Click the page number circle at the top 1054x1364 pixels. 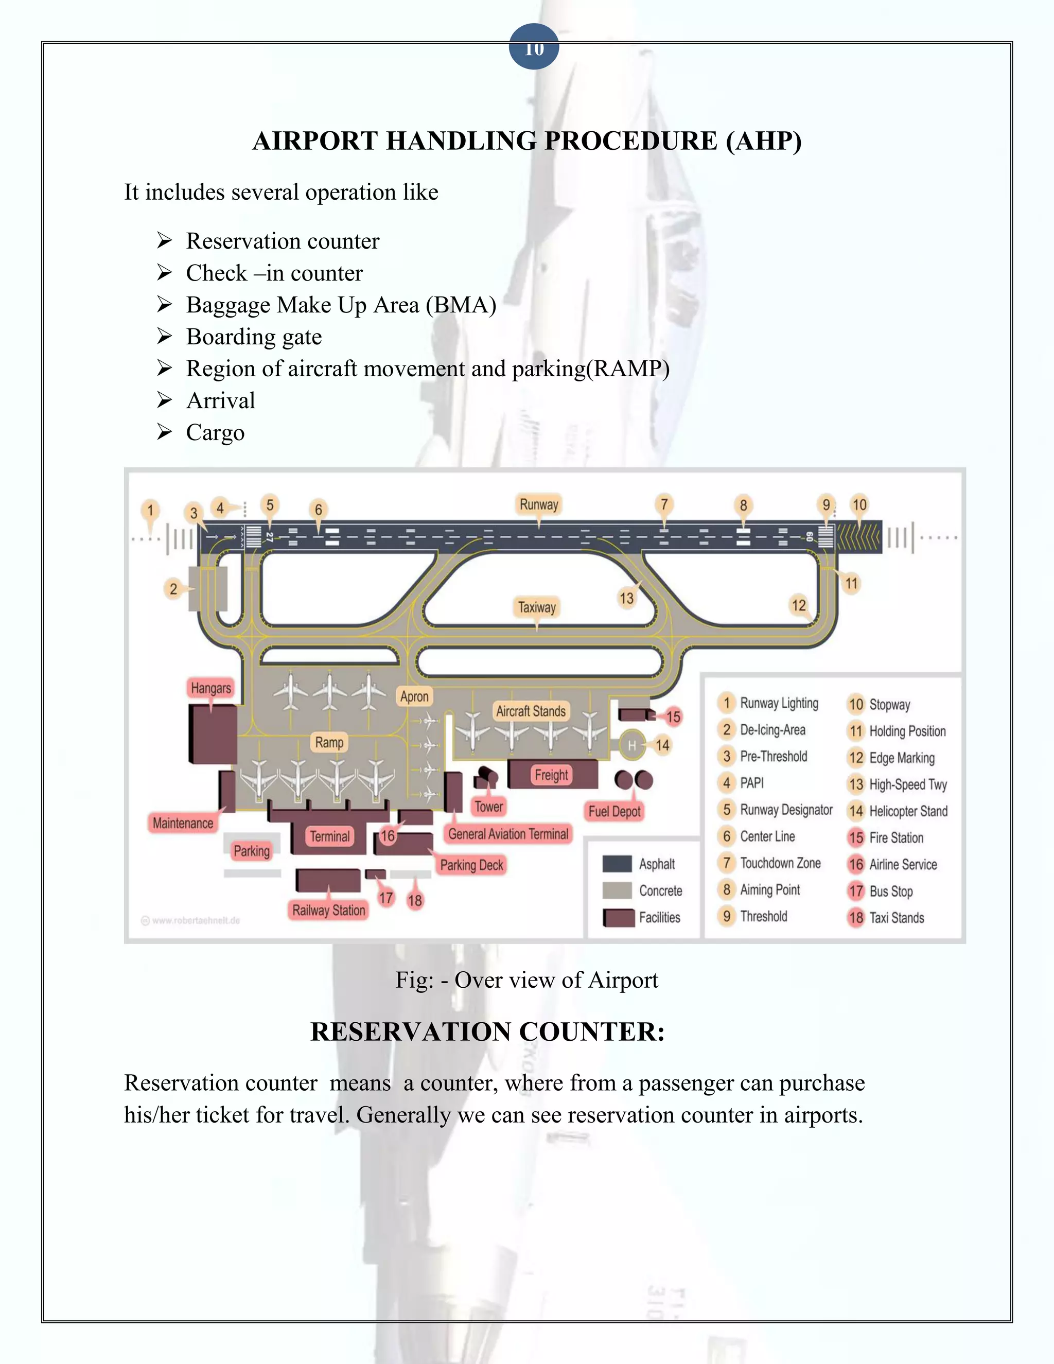tap(533, 47)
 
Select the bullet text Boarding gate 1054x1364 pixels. tap(254, 337)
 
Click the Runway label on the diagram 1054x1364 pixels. tap(539, 504)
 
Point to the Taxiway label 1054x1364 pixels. tap(536, 606)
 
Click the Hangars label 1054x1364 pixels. tap(211, 688)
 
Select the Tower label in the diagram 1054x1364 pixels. tap(488, 806)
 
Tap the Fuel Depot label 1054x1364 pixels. tap(614, 811)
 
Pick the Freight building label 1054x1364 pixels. tap(551, 775)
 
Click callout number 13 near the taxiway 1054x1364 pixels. tap(626, 598)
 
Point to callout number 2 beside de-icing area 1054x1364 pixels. tap(173, 588)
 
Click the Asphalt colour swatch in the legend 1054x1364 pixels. tap(617, 864)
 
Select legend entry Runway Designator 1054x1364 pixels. tap(785, 810)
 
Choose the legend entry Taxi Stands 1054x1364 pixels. tap(896, 917)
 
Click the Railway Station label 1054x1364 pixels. tap(328, 910)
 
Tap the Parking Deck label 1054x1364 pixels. tap(471, 865)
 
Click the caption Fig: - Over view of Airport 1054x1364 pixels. tap(526, 980)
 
